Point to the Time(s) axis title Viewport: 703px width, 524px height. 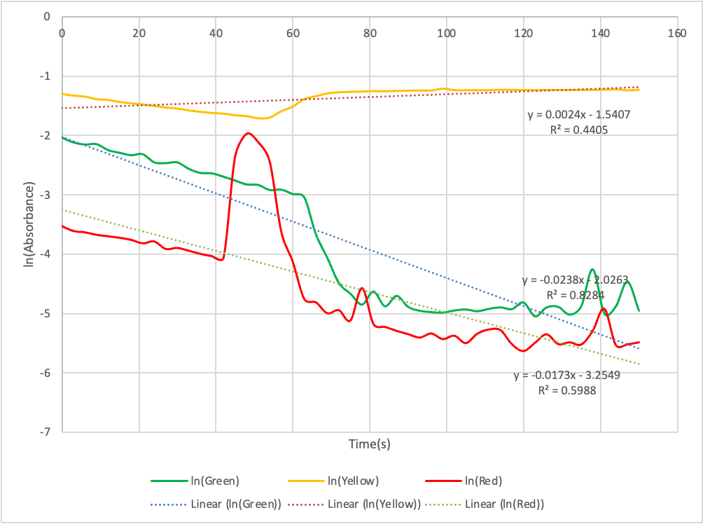pyautogui.click(x=370, y=444)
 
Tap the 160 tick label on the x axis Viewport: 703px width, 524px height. pyautogui.click(x=676, y=32)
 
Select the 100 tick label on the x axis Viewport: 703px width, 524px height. pyautogui.click(x=446, y=32)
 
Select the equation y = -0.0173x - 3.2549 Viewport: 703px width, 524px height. pyautogui.click(x=566, y=375)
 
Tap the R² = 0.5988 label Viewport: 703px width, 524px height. pyautogui.click(x=566, y=391)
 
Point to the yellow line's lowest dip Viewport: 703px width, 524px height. pyautogui.click(x=262, y=118)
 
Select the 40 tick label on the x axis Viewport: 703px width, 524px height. pyautogui.click(x=216, y=32)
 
